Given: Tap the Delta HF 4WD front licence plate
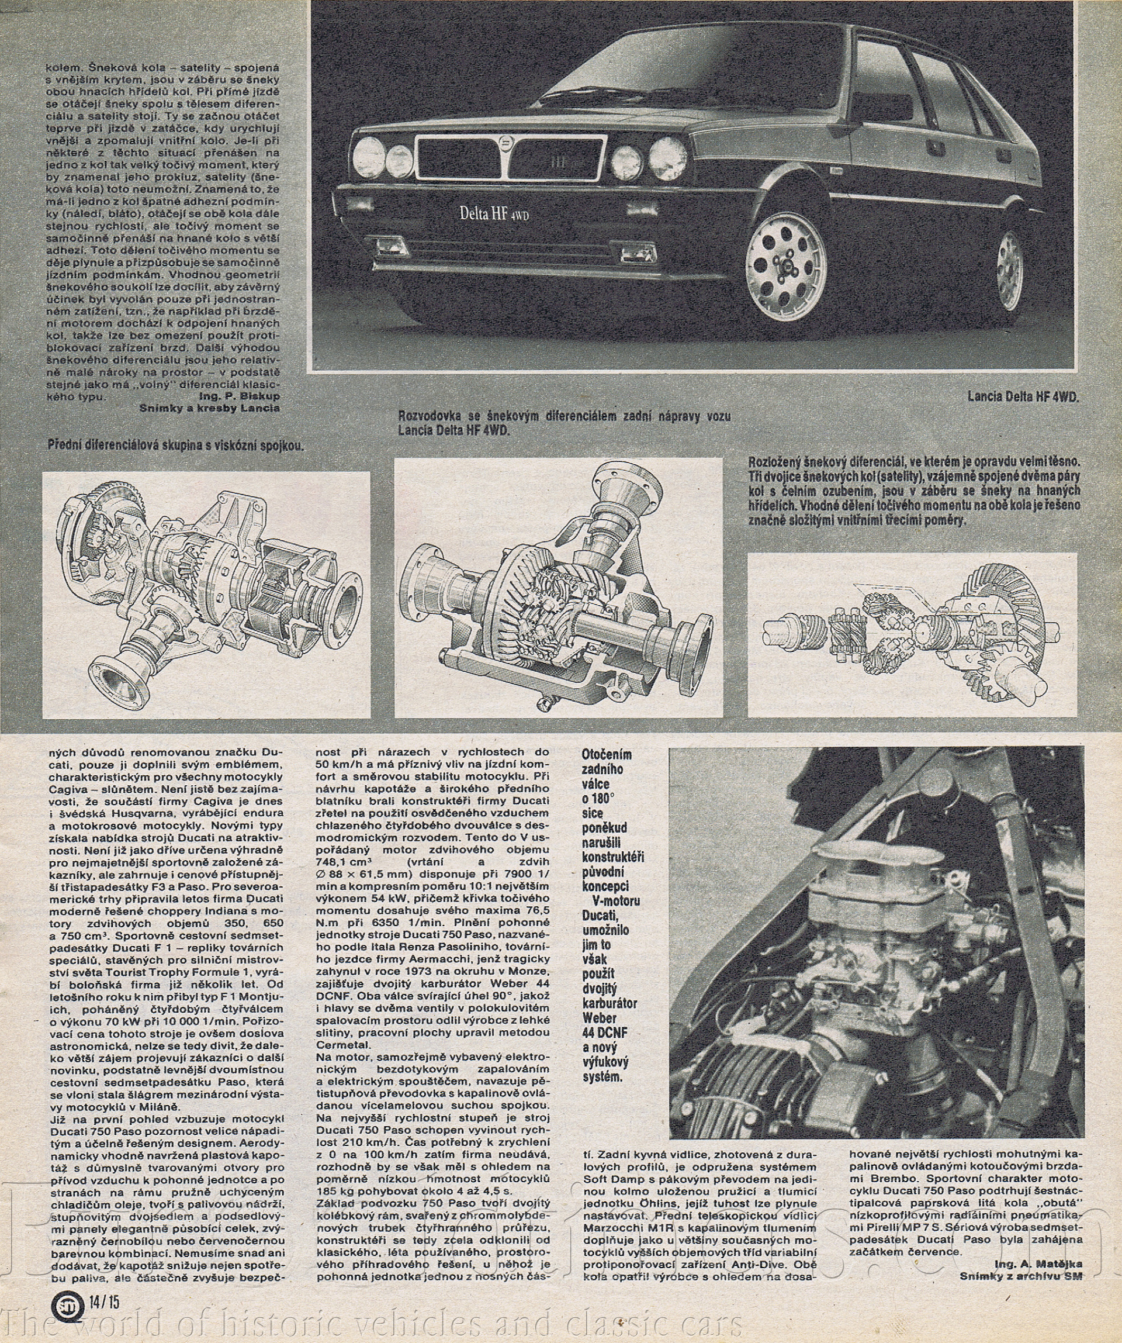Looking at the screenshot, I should pos(494,213).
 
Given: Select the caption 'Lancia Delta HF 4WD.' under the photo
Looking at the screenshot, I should pos(1023,397).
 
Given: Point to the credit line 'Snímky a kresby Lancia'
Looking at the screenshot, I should pos(210,408).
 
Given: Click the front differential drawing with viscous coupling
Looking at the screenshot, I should pos(206,595).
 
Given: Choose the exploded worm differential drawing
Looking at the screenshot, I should pos(912,634).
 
